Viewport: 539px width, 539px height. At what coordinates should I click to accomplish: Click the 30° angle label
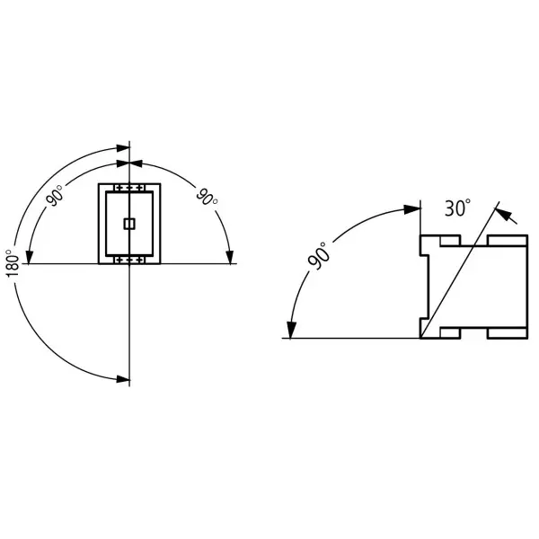(457, 208)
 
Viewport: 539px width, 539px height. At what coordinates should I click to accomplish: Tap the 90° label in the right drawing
(317, 255)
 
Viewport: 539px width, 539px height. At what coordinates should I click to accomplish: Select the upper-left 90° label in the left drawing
(55, 195)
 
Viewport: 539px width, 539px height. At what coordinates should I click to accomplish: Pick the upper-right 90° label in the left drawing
(207, 197)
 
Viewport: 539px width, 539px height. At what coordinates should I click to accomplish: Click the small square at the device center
(129, 224)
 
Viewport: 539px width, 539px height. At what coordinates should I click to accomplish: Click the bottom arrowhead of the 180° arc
(123, 379)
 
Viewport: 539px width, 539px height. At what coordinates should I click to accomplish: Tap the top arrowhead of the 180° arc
(123, 148)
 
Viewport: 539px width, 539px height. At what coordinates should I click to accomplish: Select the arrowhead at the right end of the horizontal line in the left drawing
(230, 258)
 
